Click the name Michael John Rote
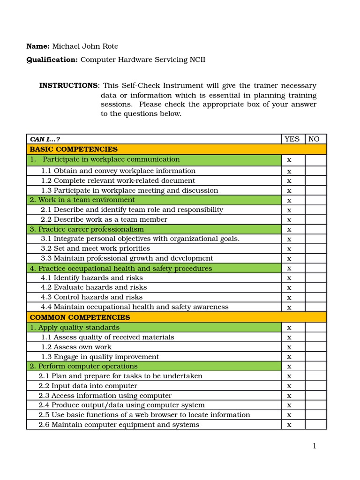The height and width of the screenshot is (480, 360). point(85,46)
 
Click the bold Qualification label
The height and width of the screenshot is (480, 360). point(52,60)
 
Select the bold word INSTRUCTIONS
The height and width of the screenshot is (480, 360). point(68,85)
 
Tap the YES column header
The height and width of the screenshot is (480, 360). point(292,139)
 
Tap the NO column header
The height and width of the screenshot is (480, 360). point(314,139)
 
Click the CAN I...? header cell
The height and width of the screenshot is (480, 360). point(45,139)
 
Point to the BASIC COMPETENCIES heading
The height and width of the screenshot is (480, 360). point(74,149)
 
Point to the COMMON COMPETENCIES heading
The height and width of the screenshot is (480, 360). point(80,317)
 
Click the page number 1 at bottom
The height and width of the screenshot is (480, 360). point(315,446)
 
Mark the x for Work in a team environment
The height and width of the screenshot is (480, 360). point(289,201)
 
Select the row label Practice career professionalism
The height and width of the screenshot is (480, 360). point(91,229)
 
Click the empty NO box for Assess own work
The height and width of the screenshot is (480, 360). point(315,347)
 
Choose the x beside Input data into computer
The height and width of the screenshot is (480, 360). point(289,386)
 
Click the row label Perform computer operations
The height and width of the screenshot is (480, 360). point(88,366)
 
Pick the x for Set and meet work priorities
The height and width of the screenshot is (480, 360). point(289,249)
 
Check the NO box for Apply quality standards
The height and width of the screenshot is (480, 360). point(315,327)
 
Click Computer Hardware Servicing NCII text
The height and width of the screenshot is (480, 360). point(143,60)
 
